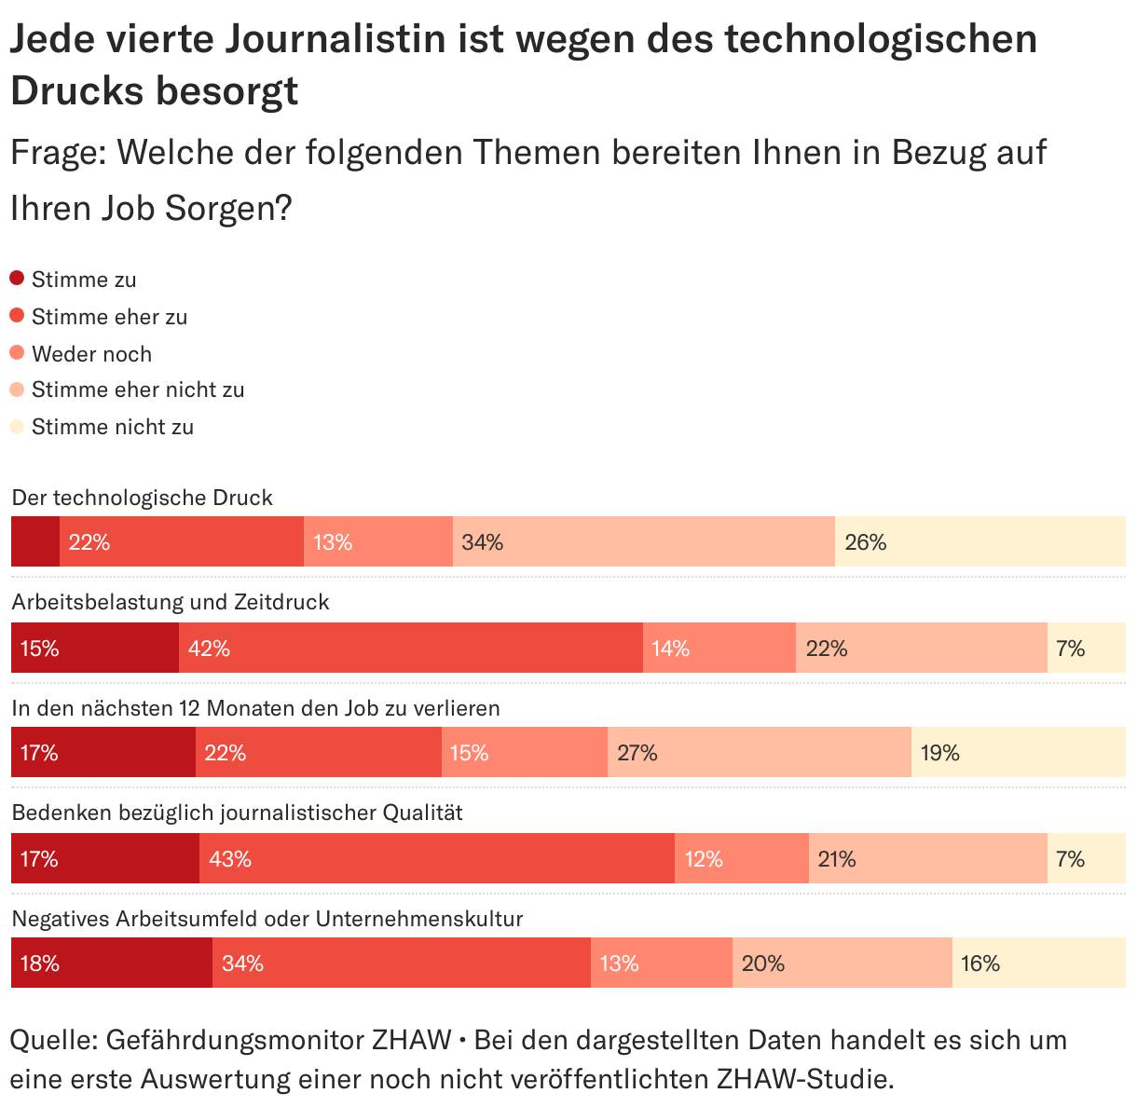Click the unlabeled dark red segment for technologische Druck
pyautogui.click(x=35, y=541)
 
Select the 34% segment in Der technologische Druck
pyautogui.click(x=643, y=541)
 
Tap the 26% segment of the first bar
pyautogui.click(x=979, y=541)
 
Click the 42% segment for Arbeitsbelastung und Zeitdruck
pyautogui.click(x=410, y=648)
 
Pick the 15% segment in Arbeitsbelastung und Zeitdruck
pyautogui.click(x=94, y=648)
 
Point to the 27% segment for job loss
pyautogui.click(x=759, y=752)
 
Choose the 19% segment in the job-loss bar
pyautogui.click(x=1018, y=752)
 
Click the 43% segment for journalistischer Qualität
pyautogui.click(x=436, y=858)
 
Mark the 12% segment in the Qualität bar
pyautogui.click(x=741, y=858)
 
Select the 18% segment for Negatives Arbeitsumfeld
pyautogui.click(x=111, y=963)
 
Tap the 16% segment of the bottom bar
pyautogui.click(x=1038, y=963)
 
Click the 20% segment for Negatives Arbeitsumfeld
pyautogui.click(x=842, y=963)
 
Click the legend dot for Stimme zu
pyautogui.click(x=17, y=278)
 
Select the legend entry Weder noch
pyautogui.click(x=91, y=354)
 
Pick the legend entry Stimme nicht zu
pyautogui.click(x=113, y=427)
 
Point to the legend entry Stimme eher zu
pyautogui.click(x=109, y=317)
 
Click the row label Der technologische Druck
pyautogui.click(x=142, y=498)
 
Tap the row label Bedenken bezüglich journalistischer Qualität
pyautogui.click(x=237, y=813)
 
